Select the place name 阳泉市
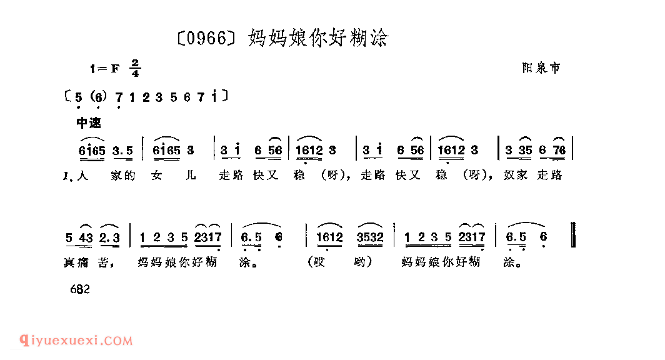point(541,68)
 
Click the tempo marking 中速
point(88,123)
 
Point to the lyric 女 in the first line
point(156,176)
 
